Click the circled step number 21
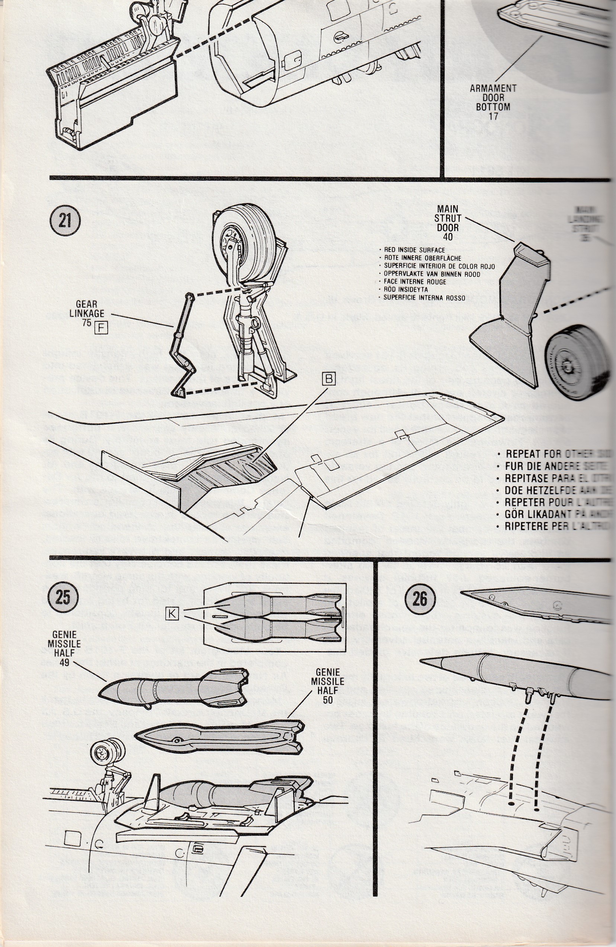point(64,220)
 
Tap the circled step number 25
point(63,597)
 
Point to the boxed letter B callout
point(328,379)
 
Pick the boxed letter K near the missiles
point(171,614)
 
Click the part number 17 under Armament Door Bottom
point(493,117)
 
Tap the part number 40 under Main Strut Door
point(448,237)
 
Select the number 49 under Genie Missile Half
point(64,662)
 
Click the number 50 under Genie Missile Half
point(327,699)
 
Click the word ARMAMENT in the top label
point(493,88)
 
